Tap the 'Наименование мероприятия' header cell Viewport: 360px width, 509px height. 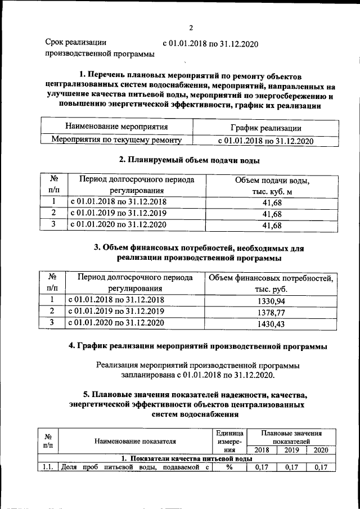[116, 127]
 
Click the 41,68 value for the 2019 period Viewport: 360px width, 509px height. [272, 213]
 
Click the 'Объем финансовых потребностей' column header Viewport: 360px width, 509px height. [271, 278]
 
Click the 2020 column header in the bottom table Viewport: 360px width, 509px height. [321, 450]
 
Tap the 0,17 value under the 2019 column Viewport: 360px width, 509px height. [292, 467]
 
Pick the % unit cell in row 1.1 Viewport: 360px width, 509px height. [229, 467]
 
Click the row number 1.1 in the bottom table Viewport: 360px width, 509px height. [47, 467]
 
